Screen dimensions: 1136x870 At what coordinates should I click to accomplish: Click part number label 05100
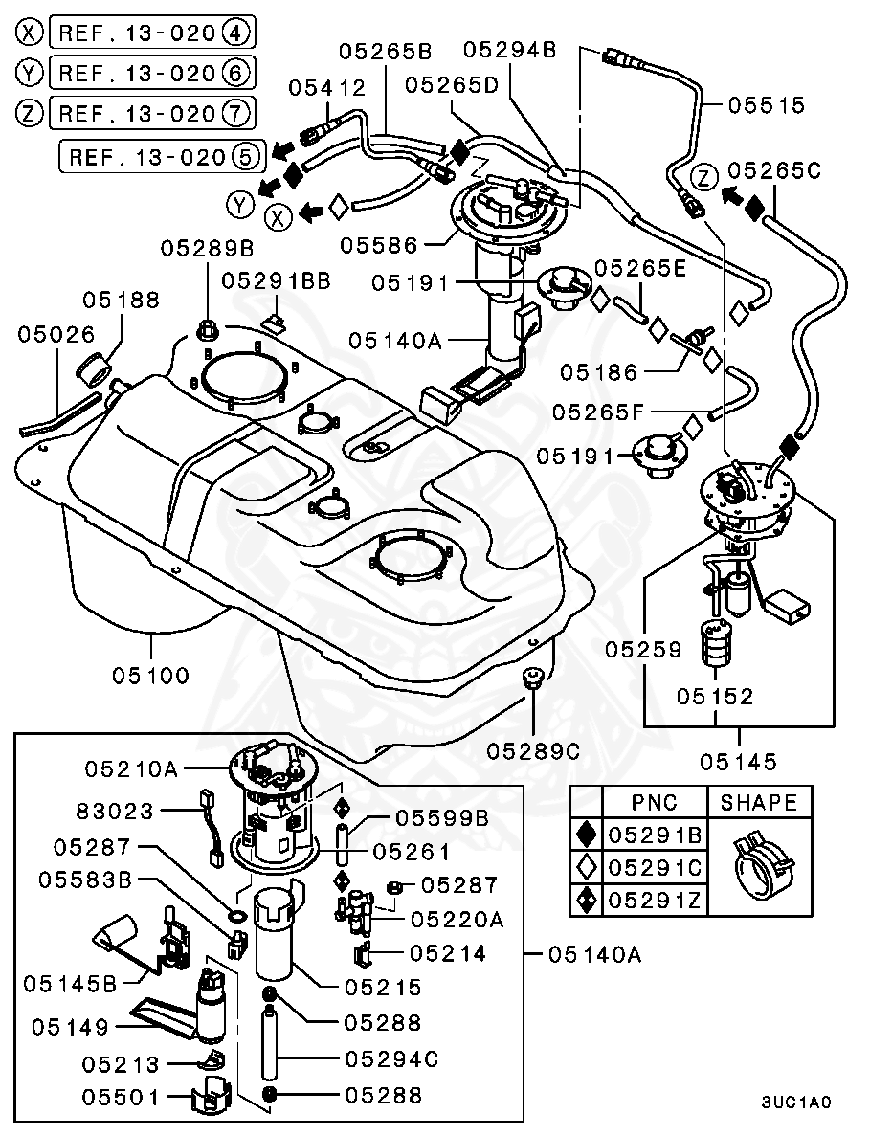150,676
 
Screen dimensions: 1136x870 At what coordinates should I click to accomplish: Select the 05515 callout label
767,104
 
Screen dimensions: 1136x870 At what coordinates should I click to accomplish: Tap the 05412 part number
327,88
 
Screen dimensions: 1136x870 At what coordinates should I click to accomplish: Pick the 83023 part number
115,812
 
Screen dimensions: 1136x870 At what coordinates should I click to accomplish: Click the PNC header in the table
655,802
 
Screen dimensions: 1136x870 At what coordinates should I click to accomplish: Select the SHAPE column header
758,802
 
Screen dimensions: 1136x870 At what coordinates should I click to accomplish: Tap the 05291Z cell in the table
655,900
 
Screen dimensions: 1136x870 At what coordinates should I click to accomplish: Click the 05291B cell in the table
655,835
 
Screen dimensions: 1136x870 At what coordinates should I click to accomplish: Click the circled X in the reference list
31,33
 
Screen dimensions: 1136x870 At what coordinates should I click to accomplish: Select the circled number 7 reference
235,113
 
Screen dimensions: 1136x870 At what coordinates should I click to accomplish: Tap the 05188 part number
121,300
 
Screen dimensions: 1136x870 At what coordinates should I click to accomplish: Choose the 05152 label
716,696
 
